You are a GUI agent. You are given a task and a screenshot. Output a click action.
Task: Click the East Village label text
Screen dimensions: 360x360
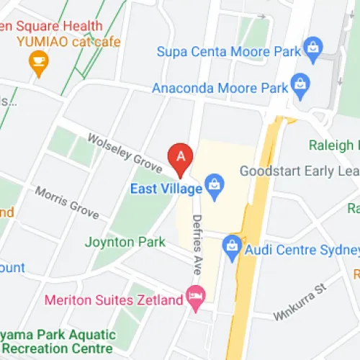pos(165,189)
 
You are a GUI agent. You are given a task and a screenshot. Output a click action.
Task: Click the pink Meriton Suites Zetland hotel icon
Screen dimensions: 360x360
pos(194,296)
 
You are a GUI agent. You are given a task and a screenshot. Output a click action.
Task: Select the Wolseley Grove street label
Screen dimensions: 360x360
pos(125,153)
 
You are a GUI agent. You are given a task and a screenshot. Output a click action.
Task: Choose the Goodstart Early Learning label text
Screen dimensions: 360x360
pos(299,171)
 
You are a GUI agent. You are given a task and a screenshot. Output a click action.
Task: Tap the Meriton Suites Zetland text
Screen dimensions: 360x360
pos(112,299)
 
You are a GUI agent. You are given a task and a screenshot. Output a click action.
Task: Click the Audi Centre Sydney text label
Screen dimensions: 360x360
pos(301,249)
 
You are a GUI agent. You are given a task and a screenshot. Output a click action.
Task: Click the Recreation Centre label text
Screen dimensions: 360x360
pos(58,349)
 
